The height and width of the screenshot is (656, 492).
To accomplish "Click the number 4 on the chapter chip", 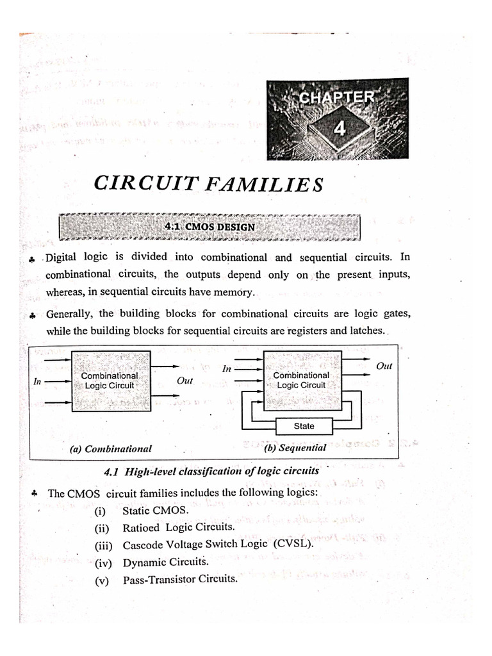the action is tap(339, 129).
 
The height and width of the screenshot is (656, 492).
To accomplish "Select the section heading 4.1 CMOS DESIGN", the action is tap(209, 227).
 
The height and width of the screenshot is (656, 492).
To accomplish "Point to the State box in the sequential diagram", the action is tap(304, 426).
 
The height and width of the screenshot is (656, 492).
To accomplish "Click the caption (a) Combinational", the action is tap(110, 449).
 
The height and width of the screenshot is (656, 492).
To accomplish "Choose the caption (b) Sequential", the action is tap(295, 448).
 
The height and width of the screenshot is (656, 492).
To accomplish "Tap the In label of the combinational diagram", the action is tap(37, 381).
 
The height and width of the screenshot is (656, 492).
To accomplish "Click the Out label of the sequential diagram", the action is tap(384, 366).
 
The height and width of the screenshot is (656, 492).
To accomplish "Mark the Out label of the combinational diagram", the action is tap(184, 381).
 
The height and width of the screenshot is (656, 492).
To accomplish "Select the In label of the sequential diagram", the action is tap(226, 369).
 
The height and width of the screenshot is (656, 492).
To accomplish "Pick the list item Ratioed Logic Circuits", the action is tap(178, 528).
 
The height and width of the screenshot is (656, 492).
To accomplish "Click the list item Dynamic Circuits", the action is tap(166, 562).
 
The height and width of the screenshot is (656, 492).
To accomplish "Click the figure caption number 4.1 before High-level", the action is tap(113, 471).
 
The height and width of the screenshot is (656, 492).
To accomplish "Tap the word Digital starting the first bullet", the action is tap(61, 258).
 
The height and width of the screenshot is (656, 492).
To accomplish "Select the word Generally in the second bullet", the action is tap(70, 314).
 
